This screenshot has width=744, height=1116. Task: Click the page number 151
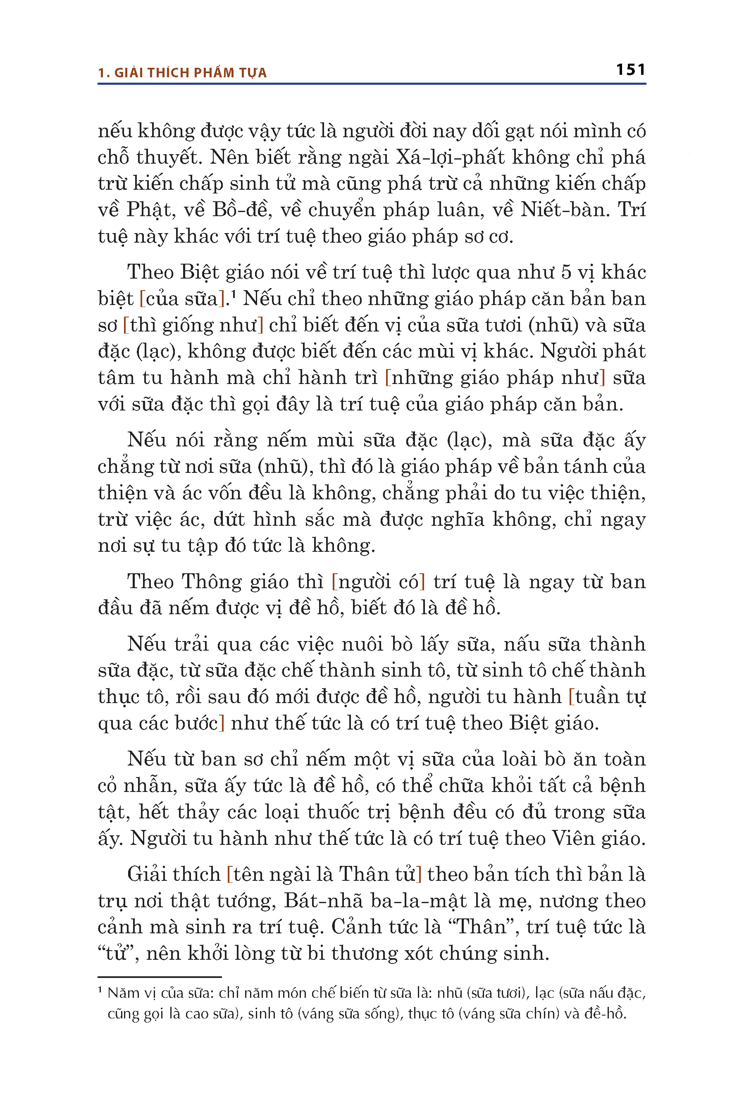[x=631, y=70]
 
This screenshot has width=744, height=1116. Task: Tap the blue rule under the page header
[x=372, y=84]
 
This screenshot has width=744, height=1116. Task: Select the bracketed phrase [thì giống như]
[x=193, y=325]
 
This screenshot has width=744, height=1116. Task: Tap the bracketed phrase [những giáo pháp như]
[x=495, y=378]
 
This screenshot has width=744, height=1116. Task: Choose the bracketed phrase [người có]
[x=378, y=582]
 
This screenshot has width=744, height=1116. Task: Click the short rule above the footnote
[x=160, y=978]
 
